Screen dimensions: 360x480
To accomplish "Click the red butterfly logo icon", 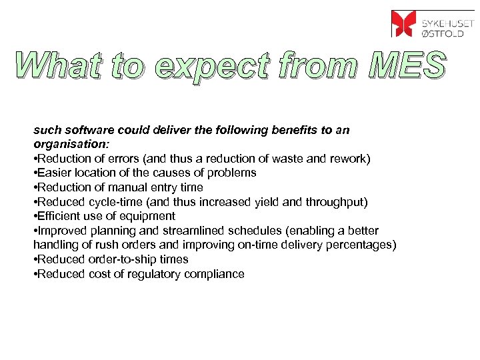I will tap(404, 23).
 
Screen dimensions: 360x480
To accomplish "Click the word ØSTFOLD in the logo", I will tap(443, 32).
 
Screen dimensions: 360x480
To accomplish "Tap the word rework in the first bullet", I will tap(351, 158).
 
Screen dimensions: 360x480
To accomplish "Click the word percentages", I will tap(361, 245).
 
